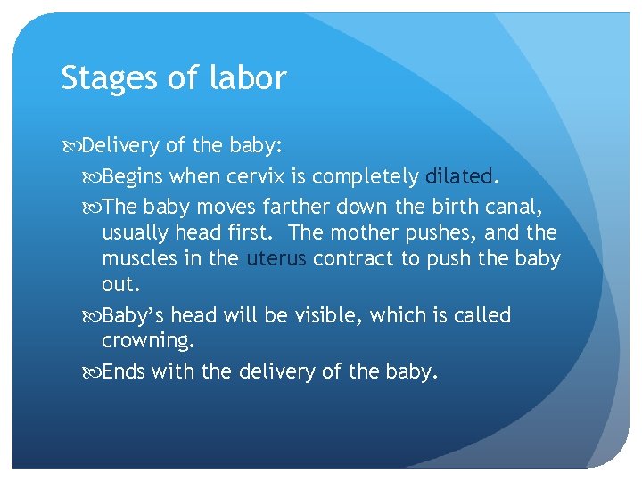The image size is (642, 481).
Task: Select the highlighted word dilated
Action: point(458,176)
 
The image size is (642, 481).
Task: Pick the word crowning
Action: point(147,342)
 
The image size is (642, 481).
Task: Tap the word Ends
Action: point(123,371)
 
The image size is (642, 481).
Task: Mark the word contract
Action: point(353,259)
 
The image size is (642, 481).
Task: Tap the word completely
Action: point(369,177)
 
